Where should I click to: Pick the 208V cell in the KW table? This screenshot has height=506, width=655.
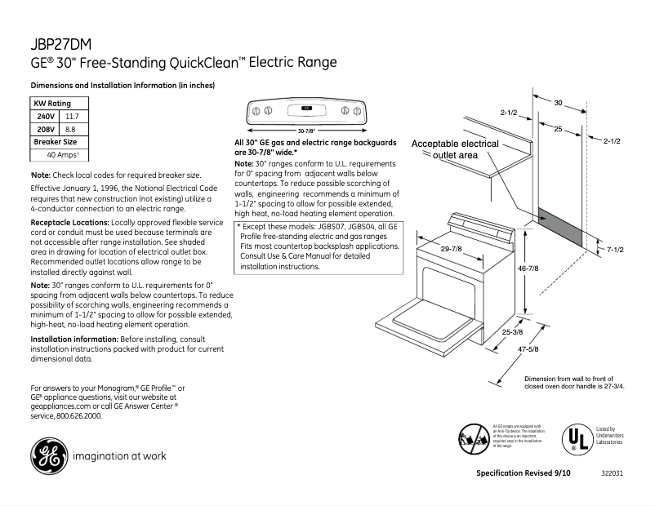[46, 129]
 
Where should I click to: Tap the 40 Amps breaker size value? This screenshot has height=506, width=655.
[62, 153]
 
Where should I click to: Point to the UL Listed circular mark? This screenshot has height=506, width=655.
[575, 439]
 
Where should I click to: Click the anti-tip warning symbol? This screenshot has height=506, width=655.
[474, 438]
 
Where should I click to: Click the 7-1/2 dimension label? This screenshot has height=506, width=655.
[616, 249]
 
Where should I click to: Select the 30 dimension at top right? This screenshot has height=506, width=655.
[559, 103]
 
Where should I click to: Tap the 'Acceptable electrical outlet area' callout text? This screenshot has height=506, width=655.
[455, 149]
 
